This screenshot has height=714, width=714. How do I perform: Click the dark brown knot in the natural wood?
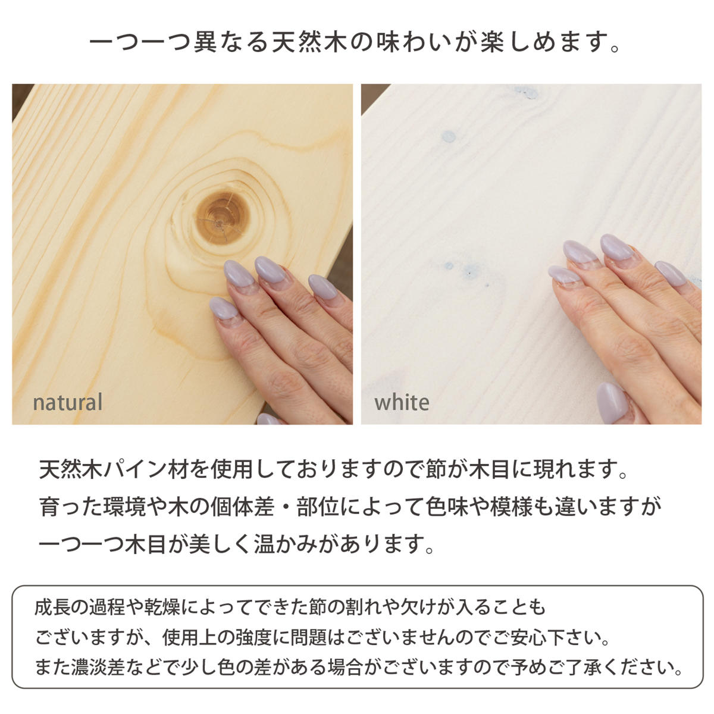pos(221,218)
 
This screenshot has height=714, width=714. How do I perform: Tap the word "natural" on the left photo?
pos(68,402)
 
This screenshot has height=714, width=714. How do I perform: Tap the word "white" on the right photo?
pos(402,402)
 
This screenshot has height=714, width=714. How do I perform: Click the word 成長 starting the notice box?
pos(52,607)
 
